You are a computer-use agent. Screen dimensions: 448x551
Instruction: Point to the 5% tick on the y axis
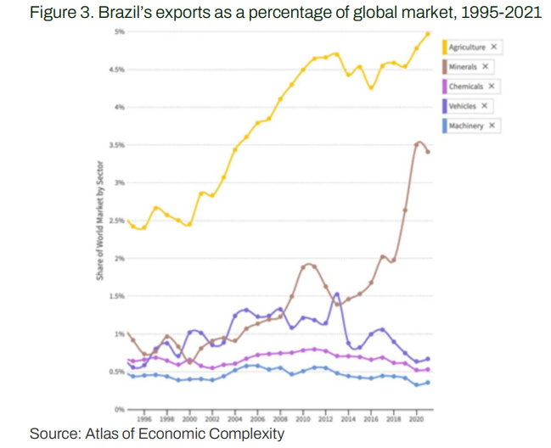pyautogui.click(x=120, y=31)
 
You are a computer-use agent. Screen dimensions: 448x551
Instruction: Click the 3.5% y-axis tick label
pyautogui.click(x=118, y=145)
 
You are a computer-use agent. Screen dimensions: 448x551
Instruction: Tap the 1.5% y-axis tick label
pyautogui.click(x=118, y=296)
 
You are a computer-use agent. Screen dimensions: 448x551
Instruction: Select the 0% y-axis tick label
pyautogui.click(x=120, y=409)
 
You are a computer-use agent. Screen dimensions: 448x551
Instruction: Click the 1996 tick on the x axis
pyautogui.click(x=145, y=419)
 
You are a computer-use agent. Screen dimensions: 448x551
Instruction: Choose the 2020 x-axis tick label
pyautogui.click(x=416, y=419)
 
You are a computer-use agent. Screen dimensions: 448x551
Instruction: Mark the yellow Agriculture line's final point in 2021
pyautogui.click(x=428, y=33)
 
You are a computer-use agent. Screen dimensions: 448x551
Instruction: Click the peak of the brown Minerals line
pyautogui.click(x=418, y=143)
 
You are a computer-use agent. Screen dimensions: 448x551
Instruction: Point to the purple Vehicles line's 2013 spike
pyautogui.click(x=337, y=294)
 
